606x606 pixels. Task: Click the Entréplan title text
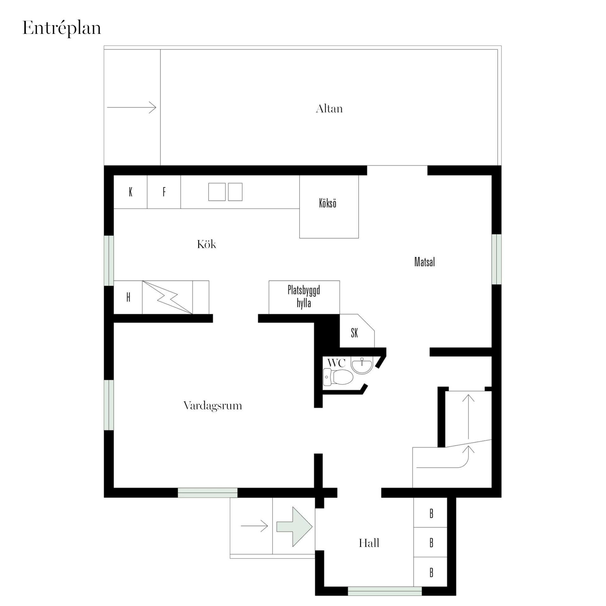pyautogui.click(x=62, y=28)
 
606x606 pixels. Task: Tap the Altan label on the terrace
pyautogui.click(x=329, y=109)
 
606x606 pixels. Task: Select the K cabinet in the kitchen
pyautogui.click(x=130, y=192)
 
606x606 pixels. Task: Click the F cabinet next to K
pyautogui.click(x=164, y=192)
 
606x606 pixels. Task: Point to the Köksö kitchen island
pyautogui.click(x=329, y=207)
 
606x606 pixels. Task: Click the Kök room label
pyautogui.click(x=207, y=244)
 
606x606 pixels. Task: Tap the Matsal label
pyautogui.click(x=425, y=262)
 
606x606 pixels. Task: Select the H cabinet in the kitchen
pyautogui.click(x=128, y=297)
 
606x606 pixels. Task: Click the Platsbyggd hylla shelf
pyautogui.click(x=304, y=297)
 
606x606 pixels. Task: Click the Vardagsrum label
pyautogui.click(x=213, y=406)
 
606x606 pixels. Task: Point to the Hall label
pyautogui.click(x=369, y=543)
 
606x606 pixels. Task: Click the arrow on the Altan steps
pyautogui.click(x=132, y=107)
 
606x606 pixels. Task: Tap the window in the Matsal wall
pyautogui.click(x=496, y=259)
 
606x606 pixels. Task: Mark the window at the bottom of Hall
pyautogui.click(x=385, y=591)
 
